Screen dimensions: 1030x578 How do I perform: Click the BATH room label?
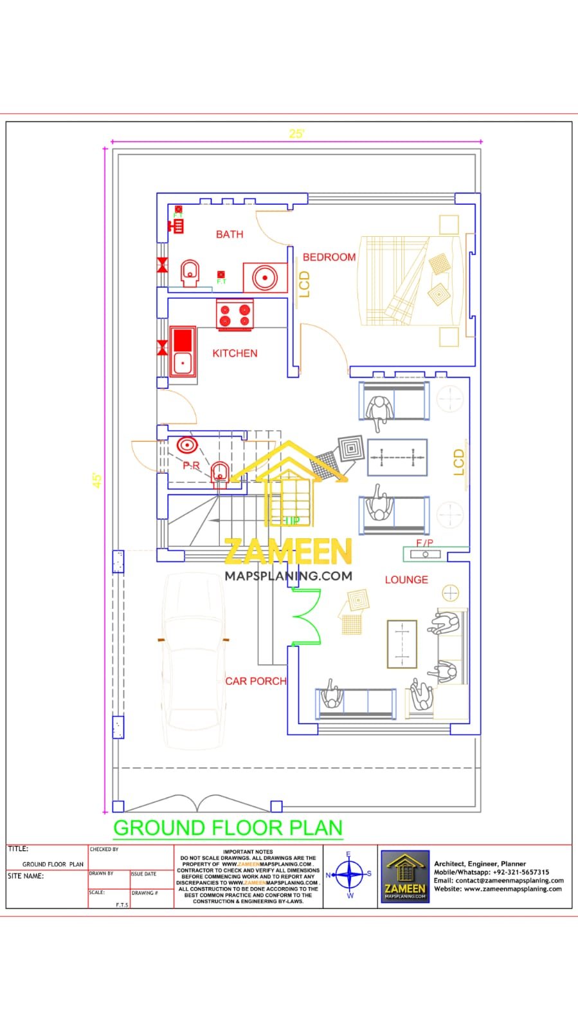tap(230, 234)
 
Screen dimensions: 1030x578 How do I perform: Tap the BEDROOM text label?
tap(329, 257)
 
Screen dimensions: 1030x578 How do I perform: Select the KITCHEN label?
tap(235, 353)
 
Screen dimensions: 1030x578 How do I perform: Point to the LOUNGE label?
tap(406, 579)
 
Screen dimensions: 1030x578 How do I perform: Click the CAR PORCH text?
tap(255, 680)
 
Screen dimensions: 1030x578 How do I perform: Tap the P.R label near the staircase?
tap(191, 465)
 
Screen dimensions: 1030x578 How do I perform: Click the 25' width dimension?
tap(296, 134)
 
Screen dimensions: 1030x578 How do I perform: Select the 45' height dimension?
tap(97, 480)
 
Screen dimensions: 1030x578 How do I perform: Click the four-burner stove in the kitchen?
tap(235, 314)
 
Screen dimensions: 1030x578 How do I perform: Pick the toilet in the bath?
tap(189, 273)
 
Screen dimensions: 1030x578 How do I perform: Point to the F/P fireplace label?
tap(424, 543)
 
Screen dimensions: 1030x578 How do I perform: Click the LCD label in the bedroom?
tap(305, 284)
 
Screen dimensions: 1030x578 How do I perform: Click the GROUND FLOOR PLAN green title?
tap(228, 828)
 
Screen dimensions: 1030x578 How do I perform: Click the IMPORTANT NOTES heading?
tap(248, 852)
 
